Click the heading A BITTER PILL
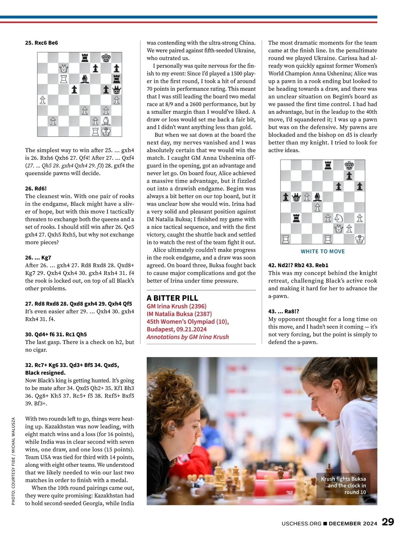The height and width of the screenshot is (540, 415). (x=172, y=298)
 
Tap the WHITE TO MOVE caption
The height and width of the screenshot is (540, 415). (x=323, y=251)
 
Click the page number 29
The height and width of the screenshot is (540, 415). (x=388, y=522)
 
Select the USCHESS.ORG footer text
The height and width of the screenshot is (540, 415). (x=301, y=523)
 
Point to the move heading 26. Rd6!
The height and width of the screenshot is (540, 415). (x=36, y=189)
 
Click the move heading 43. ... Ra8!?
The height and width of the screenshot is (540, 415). (x=284, y=311)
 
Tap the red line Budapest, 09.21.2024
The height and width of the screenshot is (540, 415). (x=176, y=329)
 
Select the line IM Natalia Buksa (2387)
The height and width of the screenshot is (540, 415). (x=179, y=314)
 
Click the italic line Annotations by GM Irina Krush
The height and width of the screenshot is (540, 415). (x=187, y=337)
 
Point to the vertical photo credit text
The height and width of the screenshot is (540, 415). (x=13, y=461)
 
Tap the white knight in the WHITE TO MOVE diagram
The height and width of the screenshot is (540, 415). (x=339, y=218)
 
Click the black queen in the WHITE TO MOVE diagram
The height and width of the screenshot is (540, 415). (x=296, y=197)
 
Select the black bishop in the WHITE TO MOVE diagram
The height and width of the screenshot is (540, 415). (x=317, y=197)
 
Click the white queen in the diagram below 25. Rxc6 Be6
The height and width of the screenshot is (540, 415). (x=64, y=68)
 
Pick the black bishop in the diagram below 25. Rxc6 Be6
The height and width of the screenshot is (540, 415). (x=85, y=79)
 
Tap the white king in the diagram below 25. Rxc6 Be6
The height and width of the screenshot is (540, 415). (x=106, y=132)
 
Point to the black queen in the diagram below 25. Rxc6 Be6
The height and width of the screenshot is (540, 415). (x=117, y=90)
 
